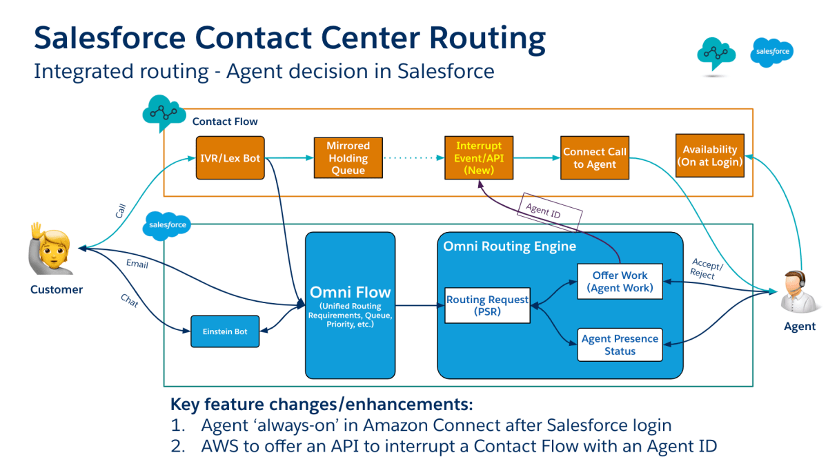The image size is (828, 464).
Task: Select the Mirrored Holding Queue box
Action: (348, 158)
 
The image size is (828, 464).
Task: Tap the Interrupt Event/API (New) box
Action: (479, 158)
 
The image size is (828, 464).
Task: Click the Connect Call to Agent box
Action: (594, 158)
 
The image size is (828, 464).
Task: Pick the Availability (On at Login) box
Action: (710, 155)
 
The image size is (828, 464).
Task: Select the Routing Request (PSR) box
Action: (487, 305)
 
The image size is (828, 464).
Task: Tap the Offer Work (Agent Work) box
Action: (620, 281)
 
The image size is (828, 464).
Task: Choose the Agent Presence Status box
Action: (620, 345)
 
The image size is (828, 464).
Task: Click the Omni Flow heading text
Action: (350, 291)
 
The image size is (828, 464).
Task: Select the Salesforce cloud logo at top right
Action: (772, 52)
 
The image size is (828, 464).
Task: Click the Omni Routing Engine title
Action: (509, 246)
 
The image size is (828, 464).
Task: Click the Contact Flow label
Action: (225, 122)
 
